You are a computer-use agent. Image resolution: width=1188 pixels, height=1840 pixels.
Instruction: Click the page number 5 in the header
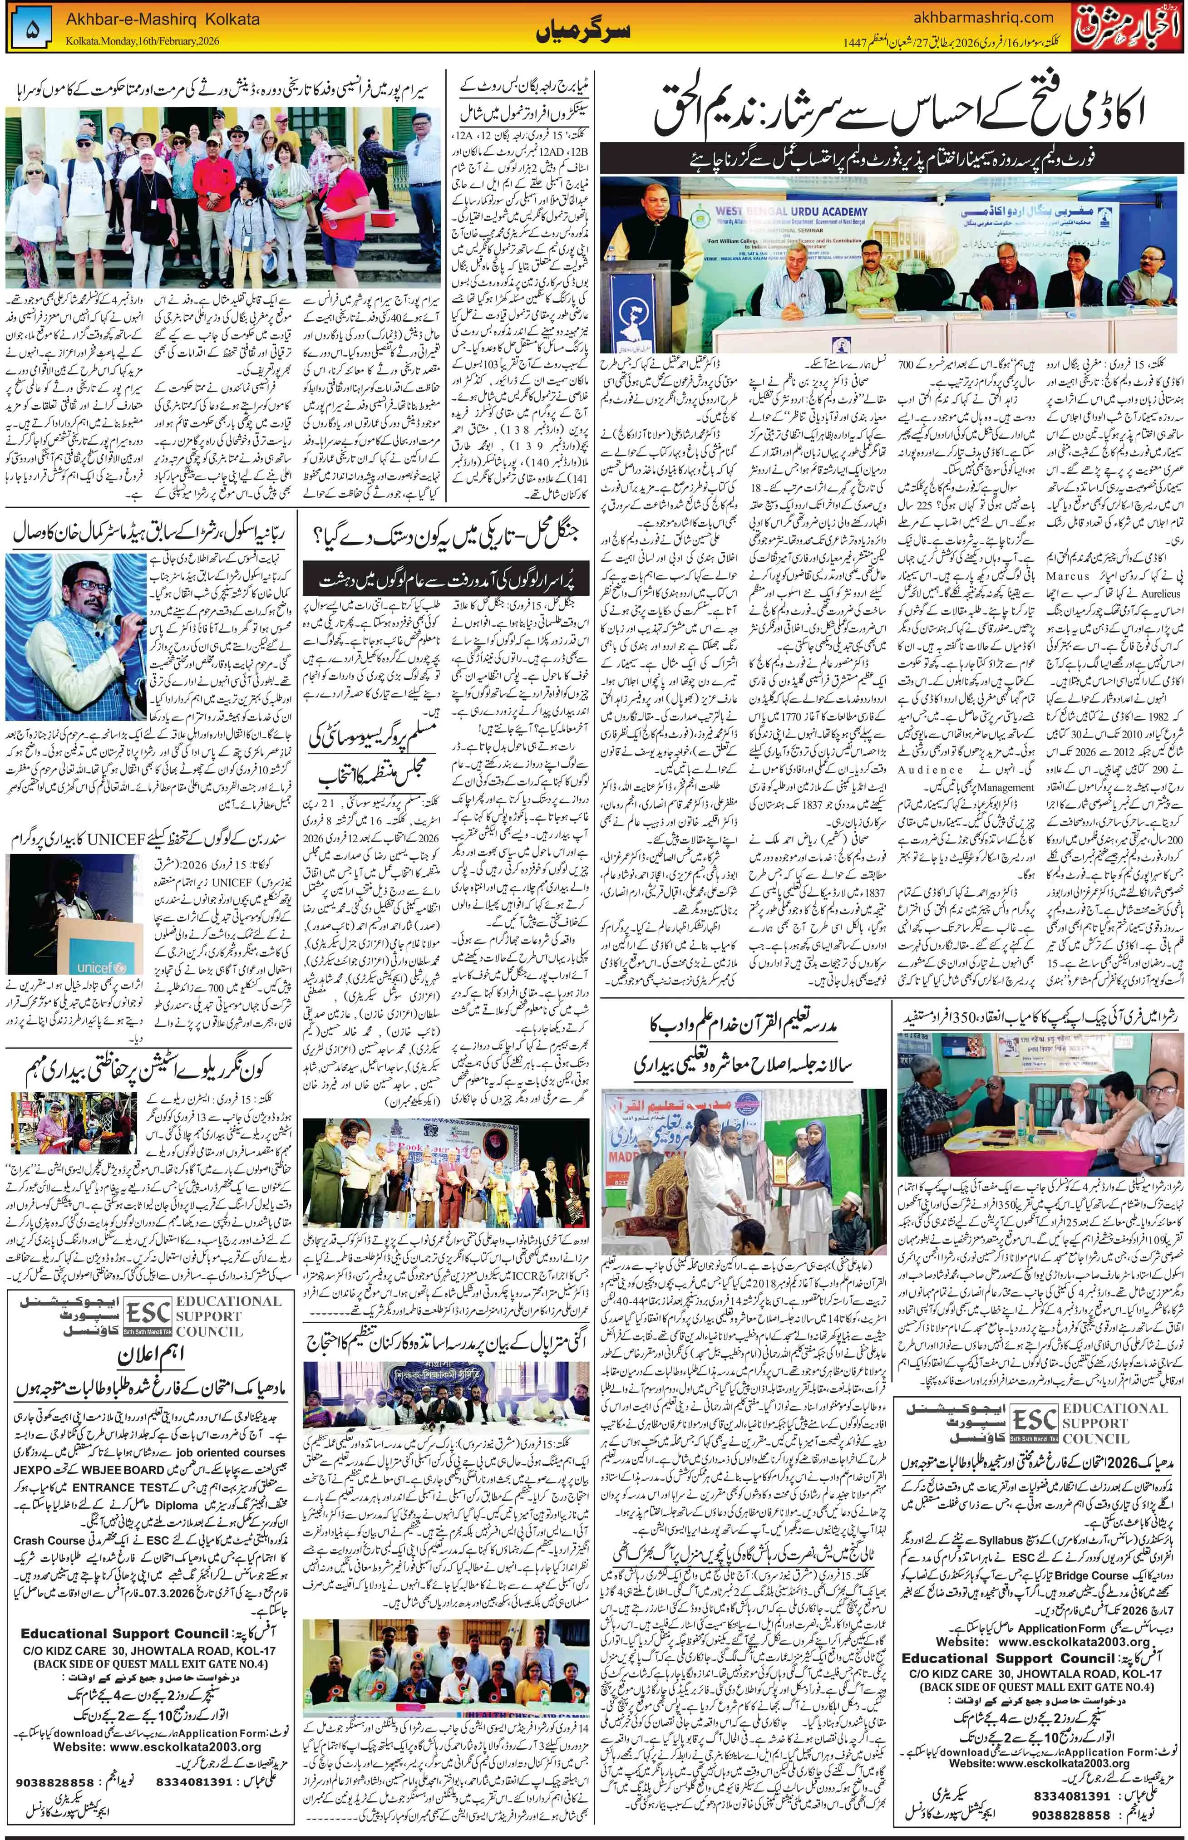click(x=31, y=26)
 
